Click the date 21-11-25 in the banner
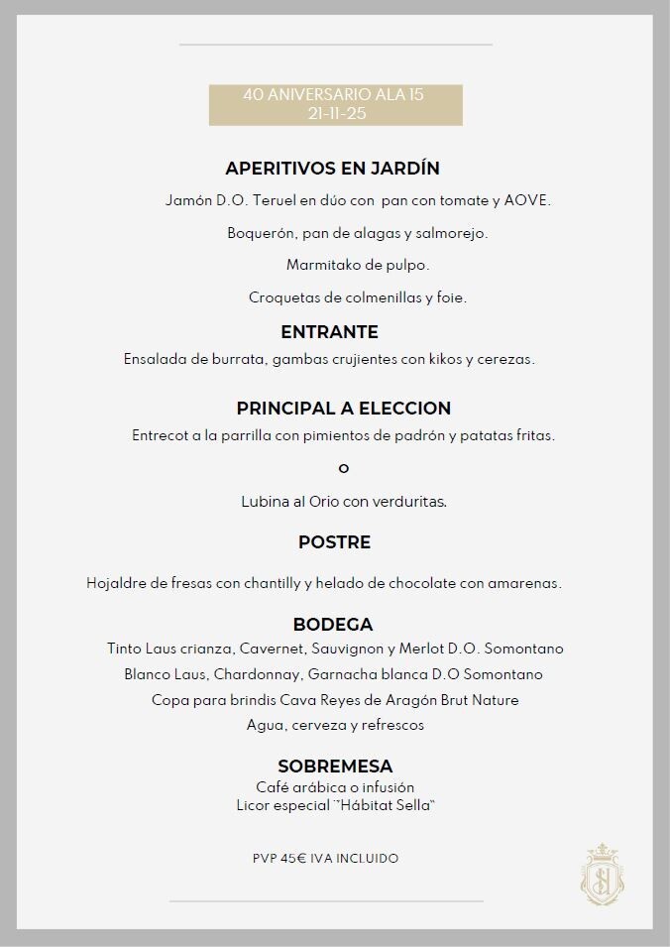(x=335, y=113)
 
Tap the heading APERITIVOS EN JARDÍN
(x=332, y=169)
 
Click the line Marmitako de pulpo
(x=358, y=266)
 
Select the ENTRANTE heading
(x=329, y=332)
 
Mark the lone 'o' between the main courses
(x=344, y=468)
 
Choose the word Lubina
(x=265, y=502)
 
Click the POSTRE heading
(x=334, y=542)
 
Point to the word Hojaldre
(x=115, y=583)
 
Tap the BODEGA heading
(x=333, y=625)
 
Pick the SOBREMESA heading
(x=335, y=767)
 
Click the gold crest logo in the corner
(x=602, y=873)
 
